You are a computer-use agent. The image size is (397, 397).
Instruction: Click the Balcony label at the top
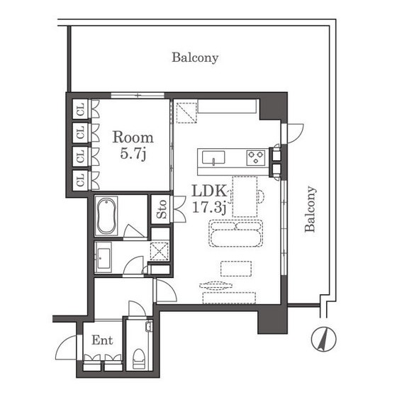tap(195, 57)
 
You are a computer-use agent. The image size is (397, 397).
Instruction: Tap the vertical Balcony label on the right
tap(311, 209)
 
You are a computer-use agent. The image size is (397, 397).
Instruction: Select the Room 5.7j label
tap(133, 145)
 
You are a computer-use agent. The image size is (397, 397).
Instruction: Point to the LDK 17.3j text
tap(209, 199)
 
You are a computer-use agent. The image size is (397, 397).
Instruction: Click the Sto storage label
tap(162, 209)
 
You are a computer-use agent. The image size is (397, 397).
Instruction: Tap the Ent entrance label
tap(102, 340)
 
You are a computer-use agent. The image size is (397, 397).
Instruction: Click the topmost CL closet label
tap(81, 109)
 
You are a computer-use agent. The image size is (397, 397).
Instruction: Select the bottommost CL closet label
tap(81, 180)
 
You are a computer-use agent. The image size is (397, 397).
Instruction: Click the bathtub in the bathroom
tap(106, 216)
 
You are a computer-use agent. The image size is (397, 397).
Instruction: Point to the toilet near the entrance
tap(138, 359)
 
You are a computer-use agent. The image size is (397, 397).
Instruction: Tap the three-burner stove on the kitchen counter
tap(256, 157)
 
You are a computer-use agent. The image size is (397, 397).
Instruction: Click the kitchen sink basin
tap(213, 158)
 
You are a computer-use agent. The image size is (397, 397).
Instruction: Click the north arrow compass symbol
tap(323, 339)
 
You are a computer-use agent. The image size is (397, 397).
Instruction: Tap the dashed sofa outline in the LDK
tap(235, 233)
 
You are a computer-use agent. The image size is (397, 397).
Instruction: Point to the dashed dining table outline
tap(245, 197)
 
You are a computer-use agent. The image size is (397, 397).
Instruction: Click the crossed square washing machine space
tap(160, 251)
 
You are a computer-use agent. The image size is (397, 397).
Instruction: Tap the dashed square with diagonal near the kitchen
tap(186, 113)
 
